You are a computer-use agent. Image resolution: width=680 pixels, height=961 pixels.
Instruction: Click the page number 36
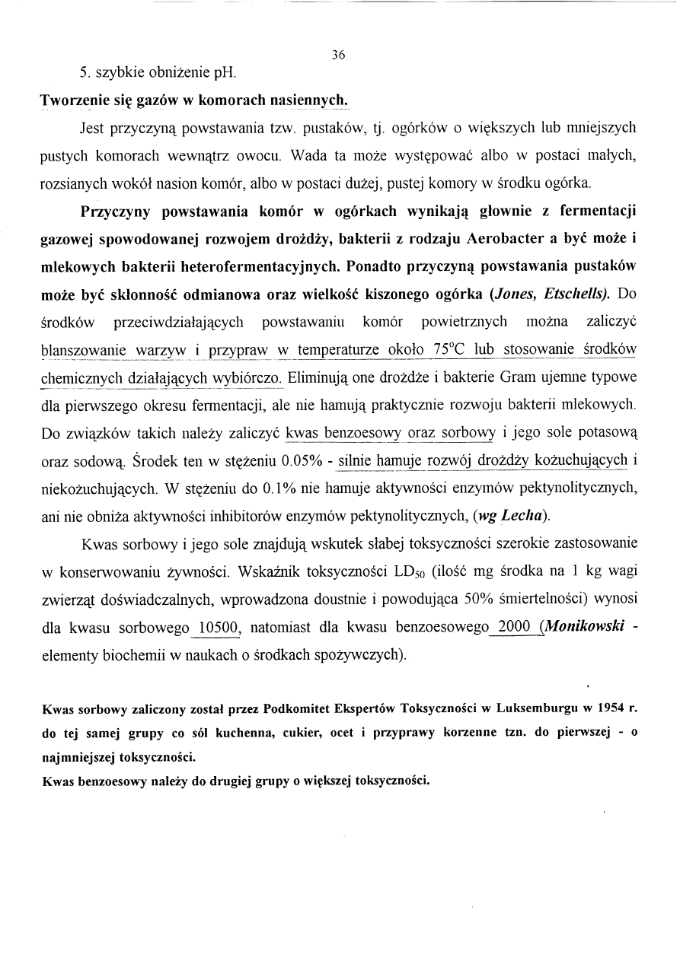pyautogui.click(x=339, y=55)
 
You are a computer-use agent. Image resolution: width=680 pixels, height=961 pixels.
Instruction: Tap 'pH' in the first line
pyautogui.click(x=225, y=75)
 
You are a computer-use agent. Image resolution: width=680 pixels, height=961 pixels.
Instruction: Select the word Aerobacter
pyautogui.click(x=507, y=239)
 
